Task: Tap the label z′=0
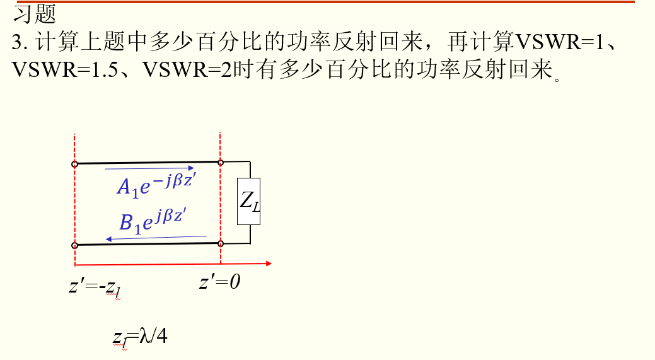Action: tap(220, 281)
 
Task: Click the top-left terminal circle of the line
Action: tap(74, 165)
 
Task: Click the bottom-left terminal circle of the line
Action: tap(74, 245)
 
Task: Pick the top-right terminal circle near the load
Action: tap(221, 163)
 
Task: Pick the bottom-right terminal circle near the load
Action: tap(221, 243)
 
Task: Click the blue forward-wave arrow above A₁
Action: tap(149, 168)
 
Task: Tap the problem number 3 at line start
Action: tap(16, 42)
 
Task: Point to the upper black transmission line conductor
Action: tap(148, 163)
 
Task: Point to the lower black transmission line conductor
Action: tap(148, 244)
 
